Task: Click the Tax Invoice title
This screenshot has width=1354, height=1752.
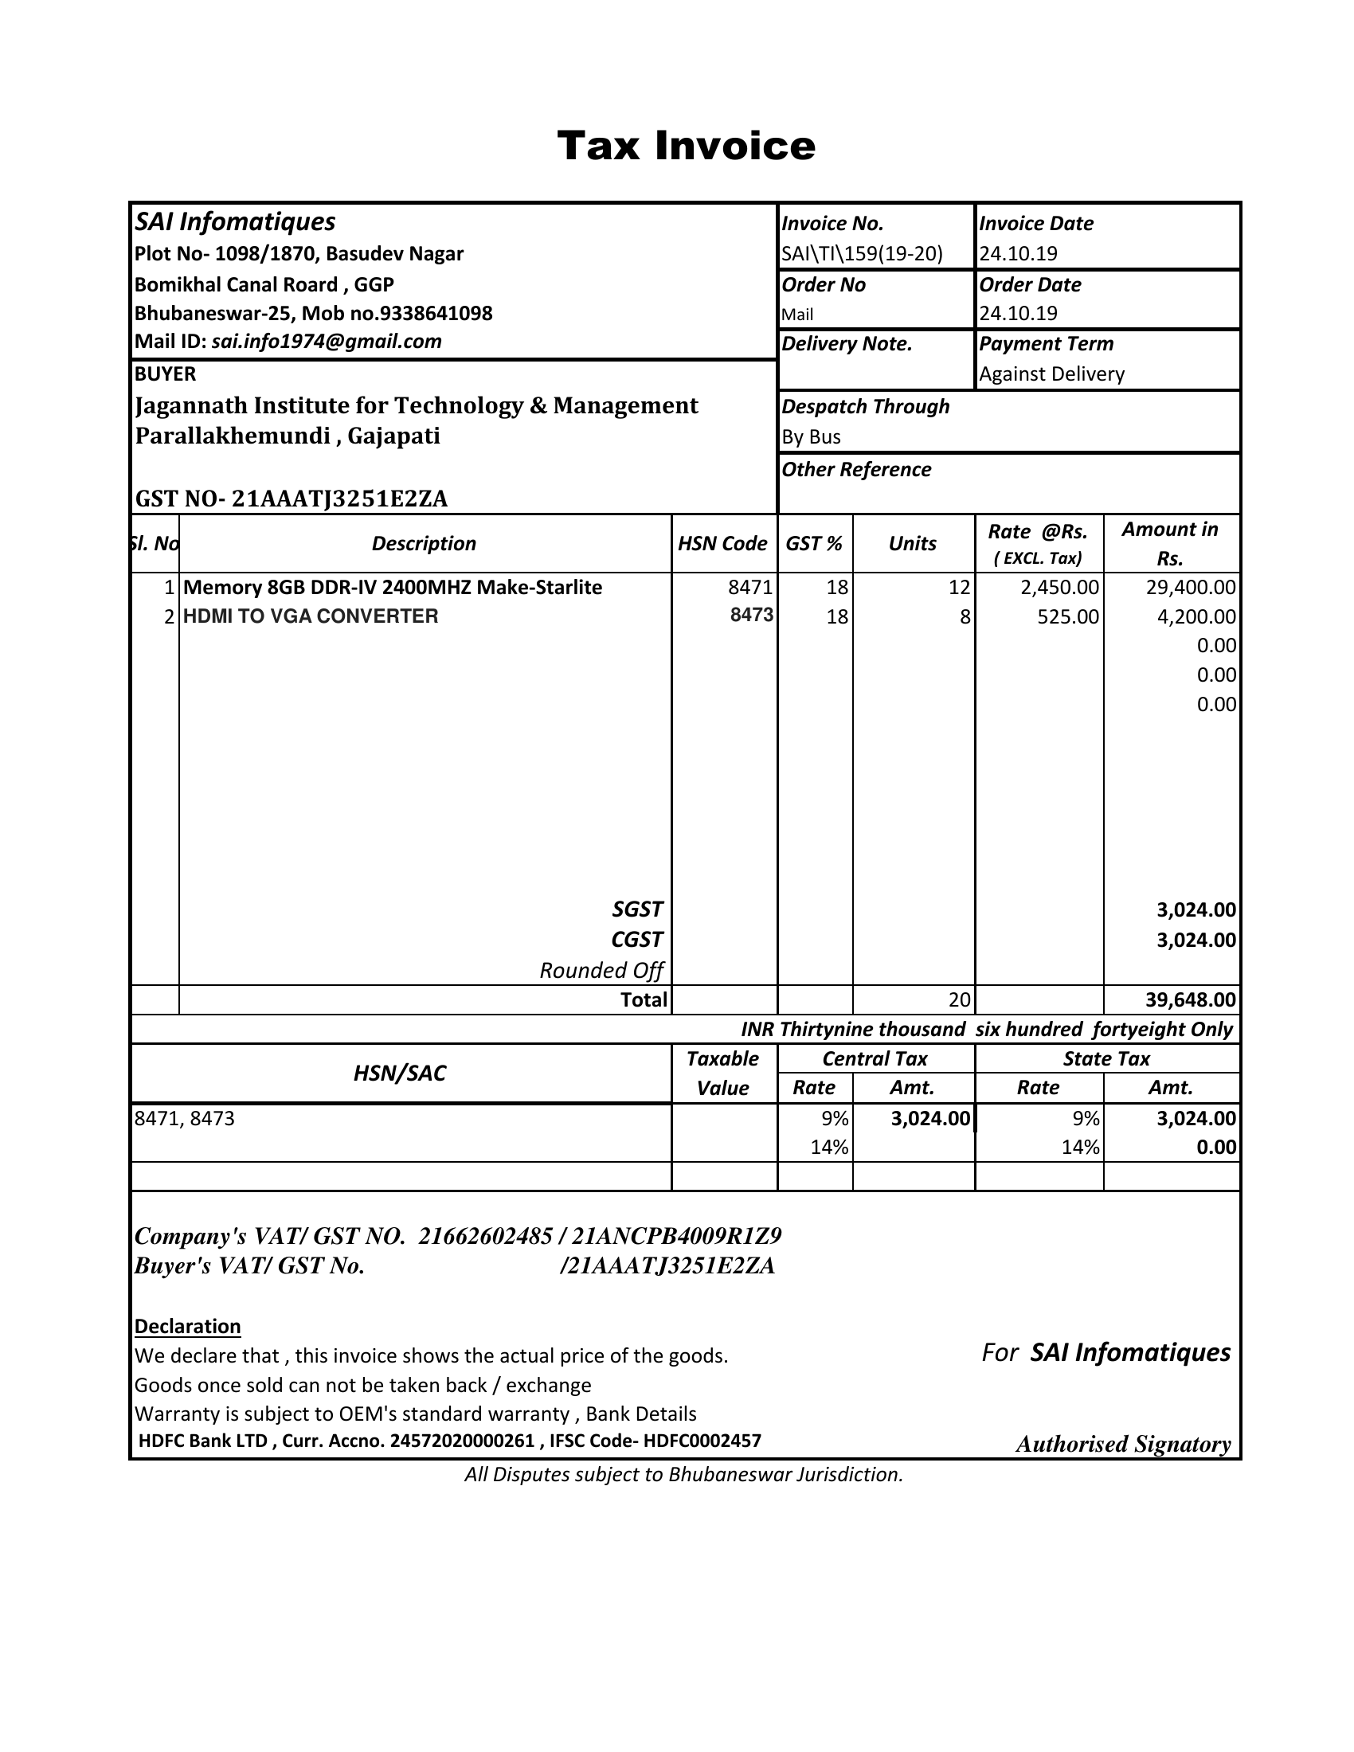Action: coord(686,146)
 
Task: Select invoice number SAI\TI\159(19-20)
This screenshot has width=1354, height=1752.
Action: coord(863,254)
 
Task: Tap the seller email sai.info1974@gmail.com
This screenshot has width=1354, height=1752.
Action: coord(327,342)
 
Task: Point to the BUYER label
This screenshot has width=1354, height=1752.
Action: coord(165,373)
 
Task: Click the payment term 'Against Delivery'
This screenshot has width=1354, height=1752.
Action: coord(1051,373)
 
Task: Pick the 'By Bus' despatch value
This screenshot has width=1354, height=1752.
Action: coord(811,437)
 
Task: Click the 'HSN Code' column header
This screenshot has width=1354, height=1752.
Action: coord(722,544)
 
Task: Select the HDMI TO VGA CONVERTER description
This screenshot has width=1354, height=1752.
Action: coord(311,616)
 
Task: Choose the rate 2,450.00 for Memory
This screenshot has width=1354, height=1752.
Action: coord(1059,587)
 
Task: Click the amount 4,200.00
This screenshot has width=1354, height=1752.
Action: coord(1196,617)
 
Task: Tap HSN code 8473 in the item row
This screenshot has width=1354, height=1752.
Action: coord(752,616)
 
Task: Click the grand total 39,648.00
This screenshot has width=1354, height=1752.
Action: coord(1191,999)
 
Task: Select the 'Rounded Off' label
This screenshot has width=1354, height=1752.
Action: coord(601,971)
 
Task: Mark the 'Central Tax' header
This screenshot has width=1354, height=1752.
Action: coord(875,1059)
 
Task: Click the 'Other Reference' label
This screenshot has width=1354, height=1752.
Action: coord(856,469)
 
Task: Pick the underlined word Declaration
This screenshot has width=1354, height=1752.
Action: coord(188,1326)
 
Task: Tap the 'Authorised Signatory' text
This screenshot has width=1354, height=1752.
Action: coord(1123,1444)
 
